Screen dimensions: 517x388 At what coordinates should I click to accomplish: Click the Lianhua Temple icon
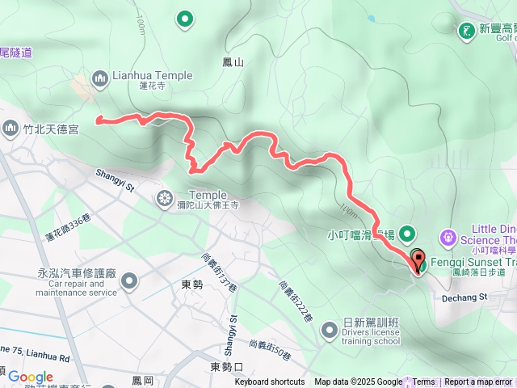[100, 78]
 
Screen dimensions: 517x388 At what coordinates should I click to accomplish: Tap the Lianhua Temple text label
[153, 75]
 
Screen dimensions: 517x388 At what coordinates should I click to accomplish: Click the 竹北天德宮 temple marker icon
[11, 128]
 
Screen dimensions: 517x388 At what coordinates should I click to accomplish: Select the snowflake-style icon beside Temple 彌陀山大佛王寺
[166, 197]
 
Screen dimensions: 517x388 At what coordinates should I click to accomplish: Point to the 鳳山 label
[232, 61]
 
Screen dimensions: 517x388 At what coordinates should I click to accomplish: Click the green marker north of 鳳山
[185, 18]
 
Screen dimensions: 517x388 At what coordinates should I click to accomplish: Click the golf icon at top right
[466, 31]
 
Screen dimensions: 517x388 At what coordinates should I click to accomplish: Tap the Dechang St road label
[466, 275]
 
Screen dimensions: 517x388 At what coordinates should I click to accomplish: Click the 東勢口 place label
[226, 367]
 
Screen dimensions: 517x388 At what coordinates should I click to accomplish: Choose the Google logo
[30, 377]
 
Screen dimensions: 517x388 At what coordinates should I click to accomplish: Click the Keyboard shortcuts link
[270, 382]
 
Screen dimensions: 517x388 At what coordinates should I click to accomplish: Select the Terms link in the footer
[423, 382]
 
